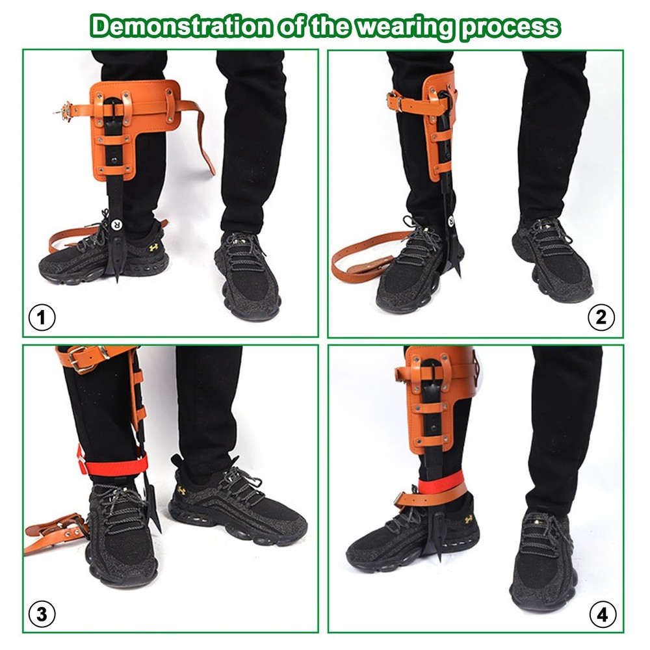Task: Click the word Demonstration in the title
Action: coord(178,26)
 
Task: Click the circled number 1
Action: coord(43,318)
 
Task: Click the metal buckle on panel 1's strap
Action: coord(64,110)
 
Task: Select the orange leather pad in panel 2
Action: coord(435,110)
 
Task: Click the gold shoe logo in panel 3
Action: coord(182,489)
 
